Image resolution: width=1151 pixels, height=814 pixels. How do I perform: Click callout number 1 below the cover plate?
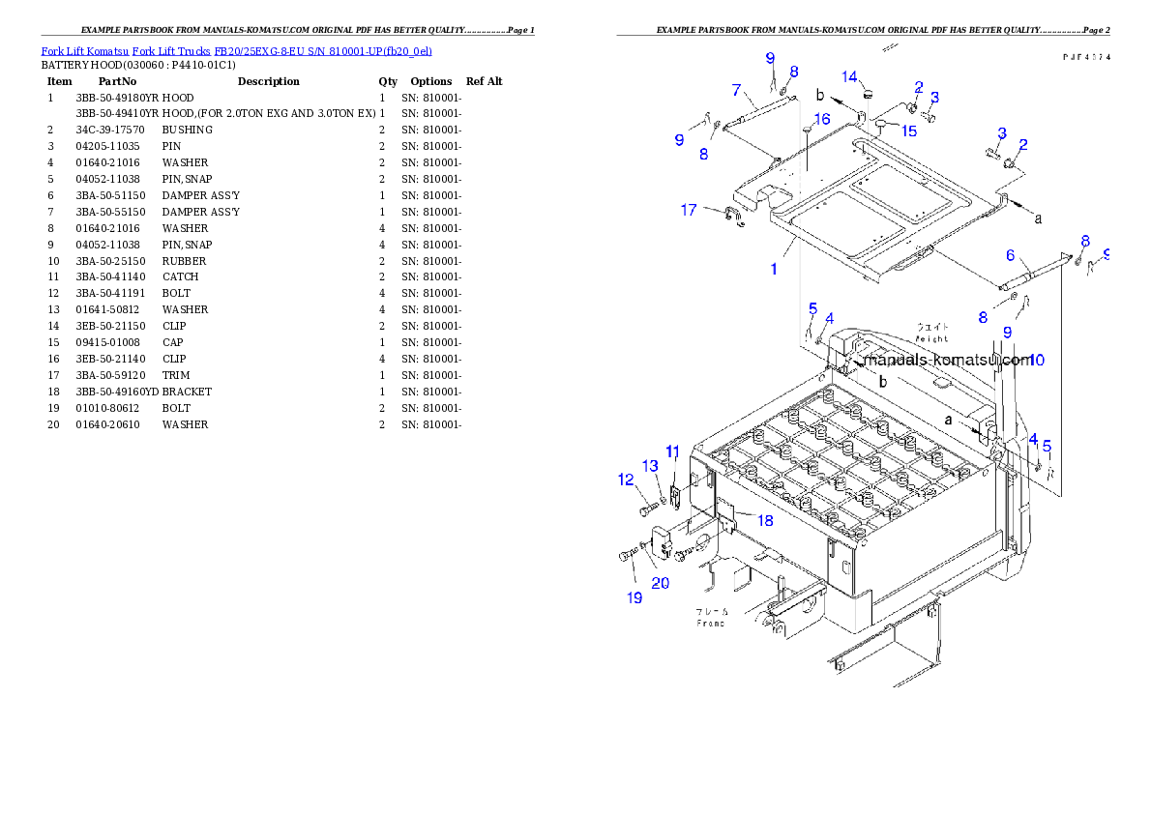pos(774,270)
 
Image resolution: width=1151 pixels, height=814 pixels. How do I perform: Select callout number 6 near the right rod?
pos(1010,255)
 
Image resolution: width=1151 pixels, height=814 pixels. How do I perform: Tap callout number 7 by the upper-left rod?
pos(737,91)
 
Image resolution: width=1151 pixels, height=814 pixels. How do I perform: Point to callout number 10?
pos(1036,361)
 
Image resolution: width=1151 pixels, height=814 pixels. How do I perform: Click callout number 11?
pos(673,451)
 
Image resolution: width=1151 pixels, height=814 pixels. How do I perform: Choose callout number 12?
pos(627,480)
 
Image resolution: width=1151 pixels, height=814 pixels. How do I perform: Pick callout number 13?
pos(651,466)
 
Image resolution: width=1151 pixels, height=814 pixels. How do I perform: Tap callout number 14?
pos(849,76)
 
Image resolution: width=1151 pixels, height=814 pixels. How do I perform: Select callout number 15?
pos(910,131)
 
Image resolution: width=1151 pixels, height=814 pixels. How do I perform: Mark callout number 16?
pos(822,119)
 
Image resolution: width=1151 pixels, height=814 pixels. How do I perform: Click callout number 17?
pos(689,210)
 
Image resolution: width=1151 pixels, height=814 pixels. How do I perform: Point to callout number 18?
pos(764,521)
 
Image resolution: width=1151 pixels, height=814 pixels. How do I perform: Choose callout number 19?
pos(635,597)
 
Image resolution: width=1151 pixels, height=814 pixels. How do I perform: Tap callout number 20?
pos(661,582)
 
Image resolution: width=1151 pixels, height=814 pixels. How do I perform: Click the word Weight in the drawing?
pos(932,339)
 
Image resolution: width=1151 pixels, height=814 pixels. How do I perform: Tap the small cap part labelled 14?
pos(868,94)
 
